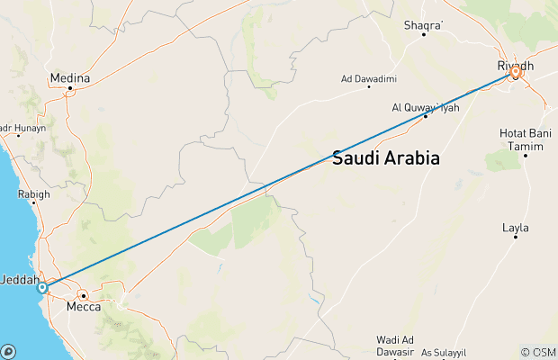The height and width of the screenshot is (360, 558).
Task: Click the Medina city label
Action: [x=72, y=78]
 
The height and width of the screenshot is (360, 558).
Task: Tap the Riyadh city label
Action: [x=515, y=66]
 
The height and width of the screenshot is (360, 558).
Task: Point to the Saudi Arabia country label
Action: [x=386, y=158]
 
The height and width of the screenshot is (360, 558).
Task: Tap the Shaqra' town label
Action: [x=424, y=24]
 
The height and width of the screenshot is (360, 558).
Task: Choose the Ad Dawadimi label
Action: [x=369, y=78]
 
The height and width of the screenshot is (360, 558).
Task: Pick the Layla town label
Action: [x=516, y=228]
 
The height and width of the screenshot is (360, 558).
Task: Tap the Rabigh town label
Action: [x=33, y=193]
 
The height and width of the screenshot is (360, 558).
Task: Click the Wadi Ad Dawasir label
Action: [x=395, y=345]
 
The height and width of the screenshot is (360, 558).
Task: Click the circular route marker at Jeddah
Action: [x=41, y=288]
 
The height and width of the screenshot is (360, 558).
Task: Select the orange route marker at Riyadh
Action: [x=516, y=75]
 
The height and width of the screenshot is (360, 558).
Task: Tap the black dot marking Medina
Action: [x=70, y=88]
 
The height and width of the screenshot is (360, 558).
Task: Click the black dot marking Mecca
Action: [x=83, y=295]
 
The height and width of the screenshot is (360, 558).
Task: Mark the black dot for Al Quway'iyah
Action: [x=425, y=116]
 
